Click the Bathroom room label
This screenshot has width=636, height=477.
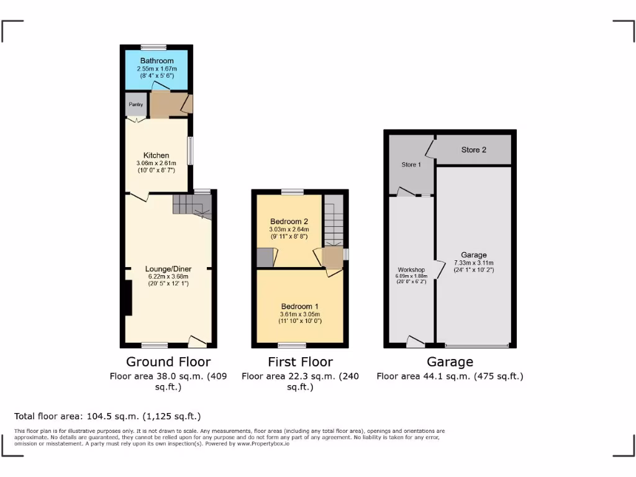click(x=157, y=61)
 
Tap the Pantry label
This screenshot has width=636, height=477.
click(x=136, y=104)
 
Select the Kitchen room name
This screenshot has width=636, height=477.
click(x=156, y=155)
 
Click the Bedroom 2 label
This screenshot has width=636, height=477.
click(x=289, y=222)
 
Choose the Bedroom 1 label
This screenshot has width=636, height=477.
click(x=300, y=307)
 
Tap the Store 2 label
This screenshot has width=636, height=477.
click(x=473, y=150)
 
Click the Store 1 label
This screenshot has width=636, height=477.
click(x=411, y=165)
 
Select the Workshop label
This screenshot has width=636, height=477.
click(x=411, y=269)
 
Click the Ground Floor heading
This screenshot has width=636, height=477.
click(x=168, y=361)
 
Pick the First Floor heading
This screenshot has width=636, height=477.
click(x=300, y=361)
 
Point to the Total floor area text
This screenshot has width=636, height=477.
click(x=107, y=416)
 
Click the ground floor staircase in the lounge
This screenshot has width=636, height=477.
click(x=191, y=205)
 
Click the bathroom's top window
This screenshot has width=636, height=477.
click(x=153, y=47)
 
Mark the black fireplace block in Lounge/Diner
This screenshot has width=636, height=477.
click(x=127, y=299)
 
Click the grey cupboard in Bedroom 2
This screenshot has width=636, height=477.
click(x=265, y=257)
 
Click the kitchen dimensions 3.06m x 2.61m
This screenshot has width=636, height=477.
click(x=156, y=163)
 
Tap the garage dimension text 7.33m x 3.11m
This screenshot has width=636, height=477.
click(x=474, y=263)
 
